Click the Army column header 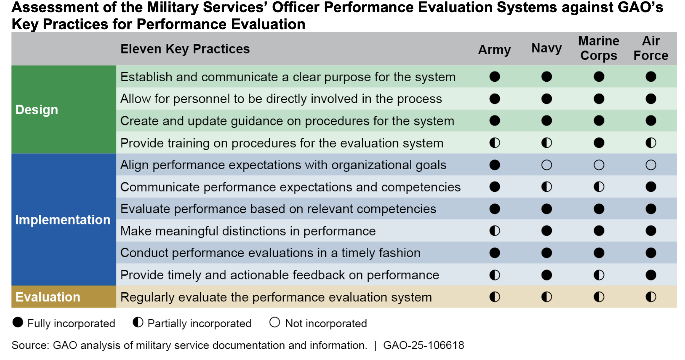[x=494, y=50]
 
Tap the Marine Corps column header [x=599, y=48]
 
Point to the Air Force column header [x=651, y=48]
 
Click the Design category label [x=37, y=110]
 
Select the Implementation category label [x=63, y=220]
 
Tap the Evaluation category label [x=48, y=297]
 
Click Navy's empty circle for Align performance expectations [x=546, y=165]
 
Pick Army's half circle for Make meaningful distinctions [x=495, y=231]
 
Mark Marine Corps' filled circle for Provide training [x=599, y=143]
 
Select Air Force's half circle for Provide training [x=651, y=143]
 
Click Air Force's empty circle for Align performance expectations [x=651, y=165]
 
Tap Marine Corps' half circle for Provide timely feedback [x=599, y=275]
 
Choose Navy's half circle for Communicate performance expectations [x=546, y=187]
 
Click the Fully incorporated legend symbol [x=18, y=322]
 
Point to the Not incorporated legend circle [x=274, y=322]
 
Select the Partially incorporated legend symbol [x=138, y=322]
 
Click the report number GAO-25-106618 [x=423, y=345]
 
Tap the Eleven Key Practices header [x=185, y=49]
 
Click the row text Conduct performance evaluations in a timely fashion [x=270, y=253]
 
